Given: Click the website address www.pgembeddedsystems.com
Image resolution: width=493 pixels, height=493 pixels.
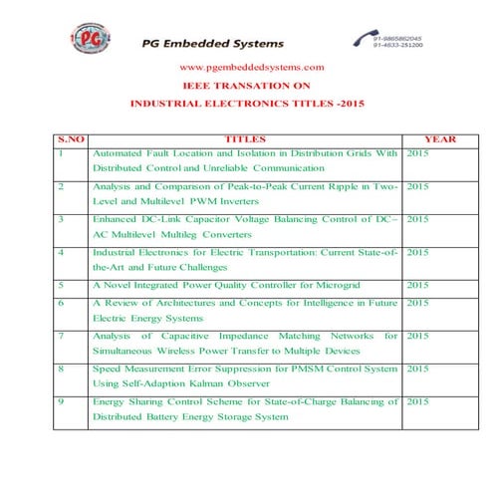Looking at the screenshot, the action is [x=251, y=67].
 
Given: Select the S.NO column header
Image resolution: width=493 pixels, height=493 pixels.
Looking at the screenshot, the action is [x=71, y=139].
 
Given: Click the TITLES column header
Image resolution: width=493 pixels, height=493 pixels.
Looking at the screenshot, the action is [x=246, y=139].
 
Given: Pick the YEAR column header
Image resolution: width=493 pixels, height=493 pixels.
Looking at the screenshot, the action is [x=440, y=139].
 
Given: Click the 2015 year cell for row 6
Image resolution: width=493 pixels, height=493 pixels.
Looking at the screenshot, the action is [x=418, y=302].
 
